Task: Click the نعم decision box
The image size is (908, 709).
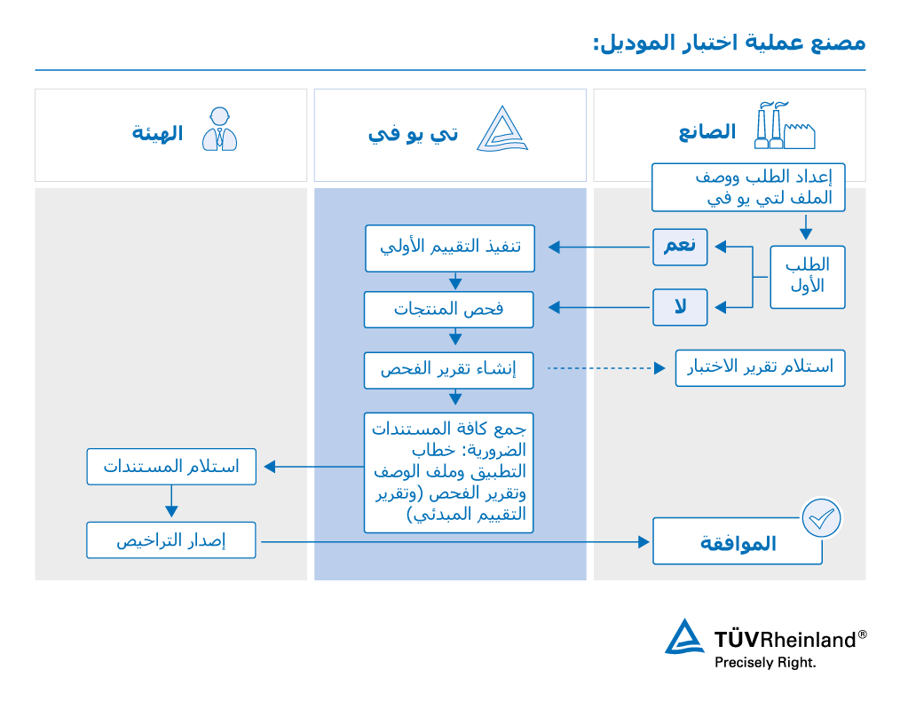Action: pos(680,247)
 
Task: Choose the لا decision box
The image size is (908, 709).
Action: pos(680,307)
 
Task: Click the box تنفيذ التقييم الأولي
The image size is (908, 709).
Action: pos(450,248)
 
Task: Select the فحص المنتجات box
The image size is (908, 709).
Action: pos(448,309)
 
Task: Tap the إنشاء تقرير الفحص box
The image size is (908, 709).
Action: pos(448,369)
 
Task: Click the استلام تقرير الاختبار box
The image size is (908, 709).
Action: pos(760,367)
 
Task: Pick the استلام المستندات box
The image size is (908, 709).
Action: pos(171,467)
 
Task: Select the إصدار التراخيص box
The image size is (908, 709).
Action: pos(171,540)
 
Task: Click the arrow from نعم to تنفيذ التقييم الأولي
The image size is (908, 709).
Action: pos(598,248)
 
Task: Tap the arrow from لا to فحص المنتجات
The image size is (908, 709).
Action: pos(599,308)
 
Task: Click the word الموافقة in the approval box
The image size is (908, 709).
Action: pos(738,543)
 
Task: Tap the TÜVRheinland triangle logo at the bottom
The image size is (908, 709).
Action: pos(684,637)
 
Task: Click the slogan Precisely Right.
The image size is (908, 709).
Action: pos(765,662)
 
